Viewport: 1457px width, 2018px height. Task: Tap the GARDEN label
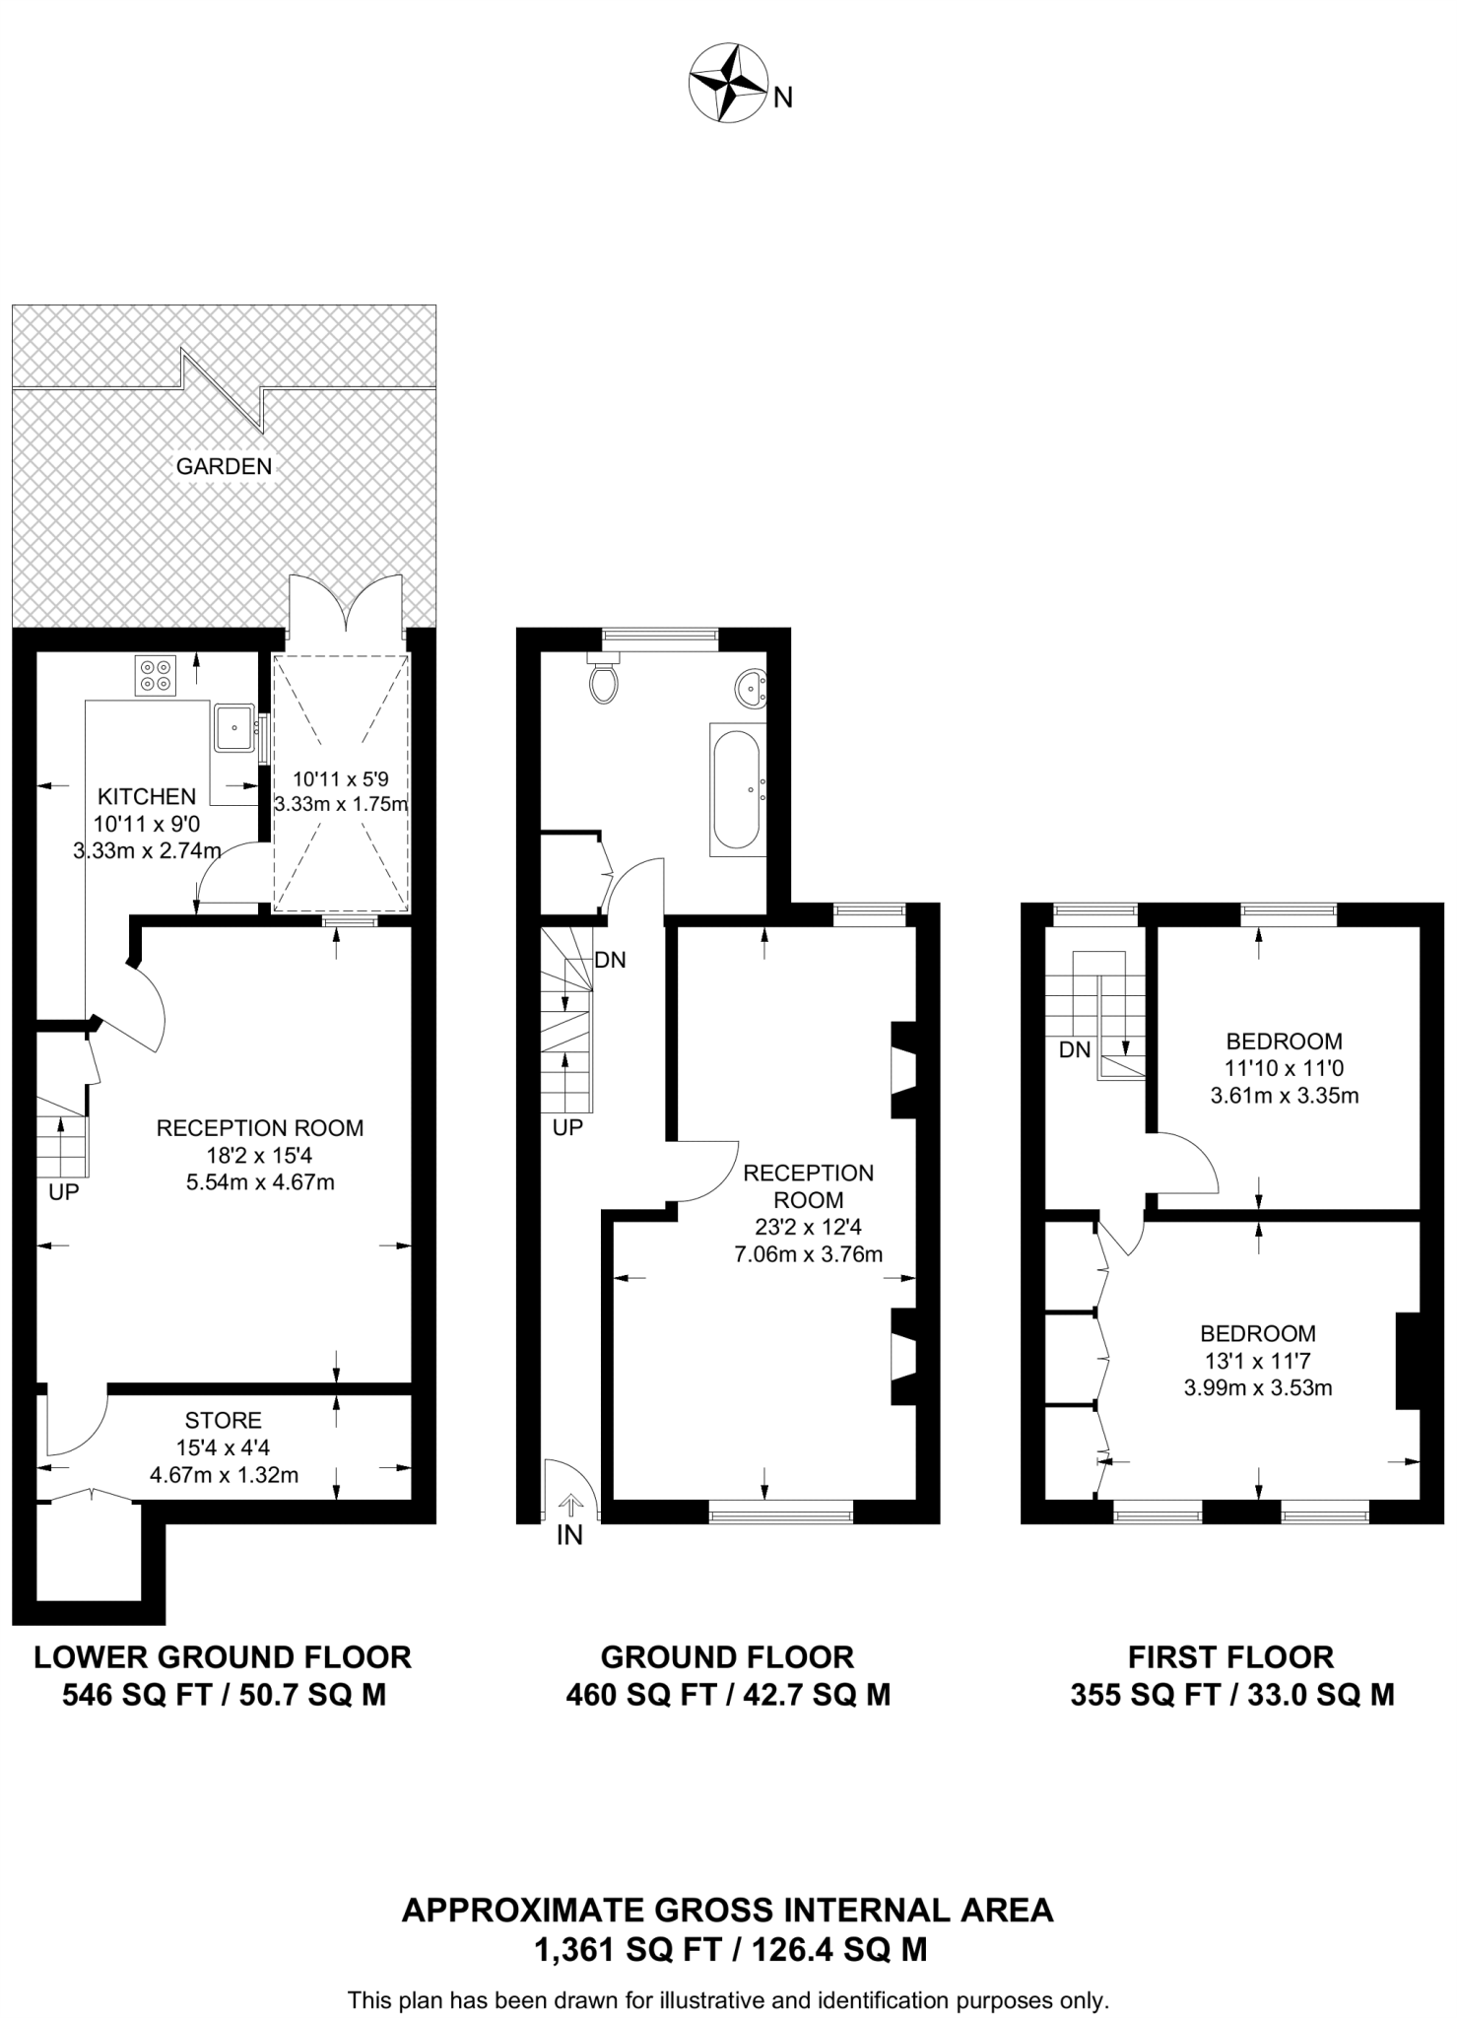point(224,466)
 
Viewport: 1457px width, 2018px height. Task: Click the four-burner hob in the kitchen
point(156,675)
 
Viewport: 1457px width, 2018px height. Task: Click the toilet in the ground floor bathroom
point(603,680)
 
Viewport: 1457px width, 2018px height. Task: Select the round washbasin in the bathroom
point(752,686)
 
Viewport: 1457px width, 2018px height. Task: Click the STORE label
point(224,1420)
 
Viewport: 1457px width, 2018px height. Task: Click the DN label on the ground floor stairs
point(610,960)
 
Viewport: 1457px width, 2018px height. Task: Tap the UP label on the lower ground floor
point(64,1192)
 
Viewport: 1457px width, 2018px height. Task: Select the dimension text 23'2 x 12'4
point(809,1227)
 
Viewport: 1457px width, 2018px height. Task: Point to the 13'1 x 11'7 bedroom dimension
point(1258,1361)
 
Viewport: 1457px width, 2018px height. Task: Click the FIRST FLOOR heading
point(1230,1656)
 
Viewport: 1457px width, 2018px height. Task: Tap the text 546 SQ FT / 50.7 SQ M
point(224,1695)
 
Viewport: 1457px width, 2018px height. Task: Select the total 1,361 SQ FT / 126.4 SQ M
point(729,1950)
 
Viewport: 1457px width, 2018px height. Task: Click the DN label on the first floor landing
point(1075,1050)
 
